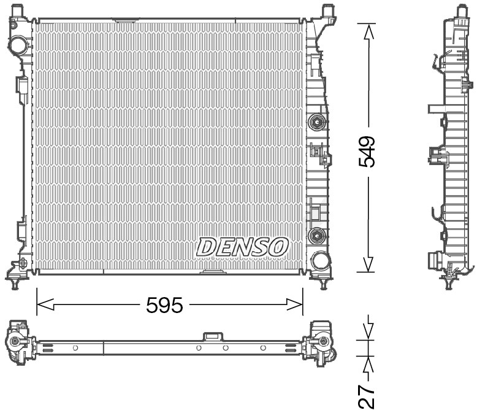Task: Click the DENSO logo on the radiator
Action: tap(242, 247)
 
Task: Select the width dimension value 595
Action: tap(164, 305)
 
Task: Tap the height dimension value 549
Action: tap(367, 152)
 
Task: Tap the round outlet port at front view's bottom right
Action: tap(319, 260)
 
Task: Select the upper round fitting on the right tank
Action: tap(317, 122)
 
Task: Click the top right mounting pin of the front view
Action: tap(328, 10)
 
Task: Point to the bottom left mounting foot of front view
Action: tap(14, 283)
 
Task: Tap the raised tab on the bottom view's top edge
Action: tap(213, 336)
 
